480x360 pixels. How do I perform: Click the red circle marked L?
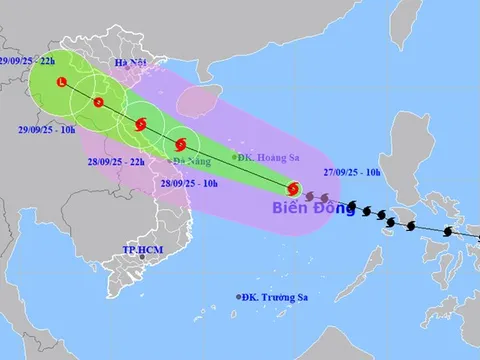click(x=62, y=82)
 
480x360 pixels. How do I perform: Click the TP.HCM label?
click(x=141, y=247)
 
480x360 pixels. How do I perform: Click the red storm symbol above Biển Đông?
click(x=293, y=188)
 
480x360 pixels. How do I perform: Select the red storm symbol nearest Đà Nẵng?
click(x=180, y=144)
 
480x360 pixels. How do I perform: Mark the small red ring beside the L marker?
click(x=98, y=102)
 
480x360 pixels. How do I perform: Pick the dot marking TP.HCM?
click(x=143, y=258)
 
